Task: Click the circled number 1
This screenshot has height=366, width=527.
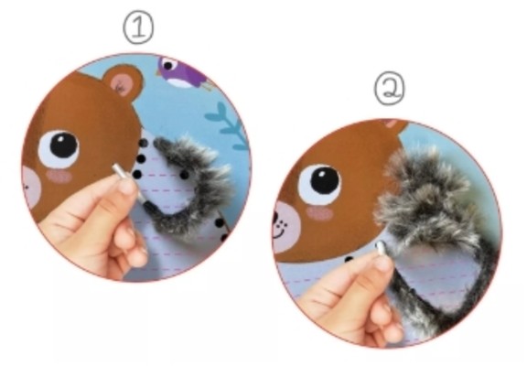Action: point(138,28)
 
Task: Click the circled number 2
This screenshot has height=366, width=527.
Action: point(390,89)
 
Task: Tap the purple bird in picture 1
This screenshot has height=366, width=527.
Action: point(181,73)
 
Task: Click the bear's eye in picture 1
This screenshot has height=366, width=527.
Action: point(59,148)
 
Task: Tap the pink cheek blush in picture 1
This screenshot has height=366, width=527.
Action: point(59,176)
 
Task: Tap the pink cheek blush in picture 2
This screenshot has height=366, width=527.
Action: point(319,213)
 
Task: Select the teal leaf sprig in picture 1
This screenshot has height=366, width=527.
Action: point(229,125)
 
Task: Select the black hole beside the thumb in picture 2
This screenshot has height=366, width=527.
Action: point(349,259)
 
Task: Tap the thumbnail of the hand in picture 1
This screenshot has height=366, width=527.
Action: point(127,186)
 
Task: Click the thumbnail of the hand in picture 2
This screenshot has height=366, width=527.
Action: point(383,263)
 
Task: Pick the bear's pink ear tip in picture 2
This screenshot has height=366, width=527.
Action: point(391,124)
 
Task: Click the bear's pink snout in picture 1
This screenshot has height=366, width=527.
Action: point(31,187)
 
